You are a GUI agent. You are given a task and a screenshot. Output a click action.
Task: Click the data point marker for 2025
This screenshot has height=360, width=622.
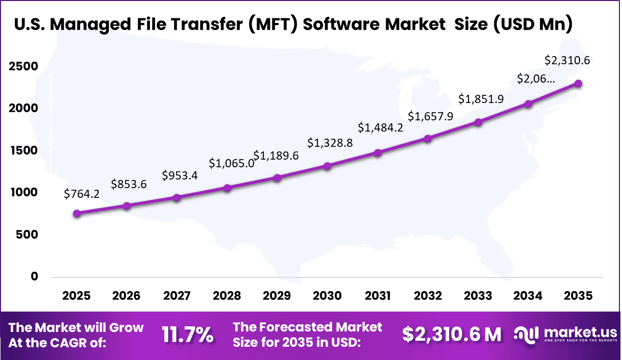click(x=77, y=214)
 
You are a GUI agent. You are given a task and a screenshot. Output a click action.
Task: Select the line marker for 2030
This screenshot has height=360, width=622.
click(x=327, y=166)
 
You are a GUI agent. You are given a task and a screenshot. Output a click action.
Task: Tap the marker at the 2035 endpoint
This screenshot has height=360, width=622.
click(x=578, y=84)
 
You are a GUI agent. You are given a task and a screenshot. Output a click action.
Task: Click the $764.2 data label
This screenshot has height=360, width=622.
click(x=82, y=194)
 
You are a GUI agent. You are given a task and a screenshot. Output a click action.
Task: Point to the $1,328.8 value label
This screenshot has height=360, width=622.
click(x=330, y=143)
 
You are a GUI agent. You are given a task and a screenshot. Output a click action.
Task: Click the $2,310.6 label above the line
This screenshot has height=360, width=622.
click(x=567, y=60)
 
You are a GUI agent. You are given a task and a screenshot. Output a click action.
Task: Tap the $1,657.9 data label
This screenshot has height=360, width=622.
click(x=430, y=116)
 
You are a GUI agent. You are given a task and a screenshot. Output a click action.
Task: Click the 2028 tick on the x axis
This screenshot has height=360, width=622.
click(x=227, y=296)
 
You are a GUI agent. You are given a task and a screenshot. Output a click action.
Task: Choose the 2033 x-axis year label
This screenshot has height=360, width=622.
click(x=478, y=296)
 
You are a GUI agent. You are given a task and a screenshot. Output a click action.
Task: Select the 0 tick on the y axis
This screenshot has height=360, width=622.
click(x=34, y=276)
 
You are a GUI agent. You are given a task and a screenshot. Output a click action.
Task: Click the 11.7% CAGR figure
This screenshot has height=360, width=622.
click(x=187, y=335)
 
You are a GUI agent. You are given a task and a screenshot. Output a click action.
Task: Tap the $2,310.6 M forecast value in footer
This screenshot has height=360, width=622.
click(x=452, y=335)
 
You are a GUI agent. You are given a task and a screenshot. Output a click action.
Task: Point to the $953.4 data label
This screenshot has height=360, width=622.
click(x=180, y=175)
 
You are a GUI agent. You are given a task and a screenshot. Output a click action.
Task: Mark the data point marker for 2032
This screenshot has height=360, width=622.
click(x=428, y=139)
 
